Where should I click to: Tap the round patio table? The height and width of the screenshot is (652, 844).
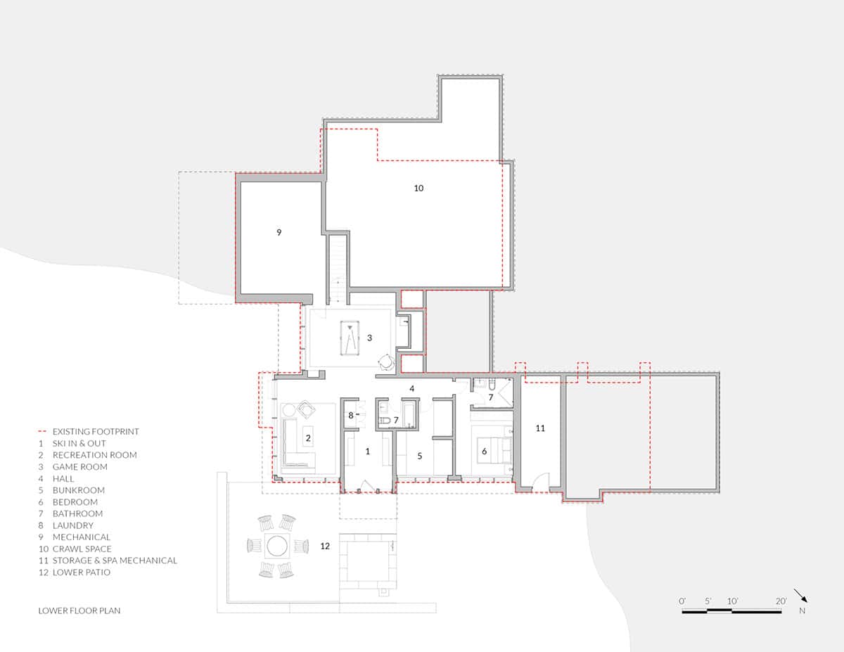tap(276, 545)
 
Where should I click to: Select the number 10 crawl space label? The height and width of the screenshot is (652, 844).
tap(418, 188)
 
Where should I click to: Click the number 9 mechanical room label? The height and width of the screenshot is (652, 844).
tap(279, 232)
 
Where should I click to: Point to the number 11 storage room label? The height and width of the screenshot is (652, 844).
tap(540, 428)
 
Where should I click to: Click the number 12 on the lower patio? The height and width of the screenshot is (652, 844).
tap(325, 545)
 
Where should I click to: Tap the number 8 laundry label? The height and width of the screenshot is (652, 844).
tap(350, 416)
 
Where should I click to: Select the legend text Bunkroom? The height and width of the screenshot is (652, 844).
tap(79, 490)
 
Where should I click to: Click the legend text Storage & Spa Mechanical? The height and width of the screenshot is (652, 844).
tap(115, 561)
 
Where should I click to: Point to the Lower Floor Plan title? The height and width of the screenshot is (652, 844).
tap(79, 611)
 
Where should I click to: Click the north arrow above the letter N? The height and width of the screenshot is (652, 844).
tap(800, 596)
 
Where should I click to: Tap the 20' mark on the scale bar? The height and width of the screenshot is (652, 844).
tap(781, 601)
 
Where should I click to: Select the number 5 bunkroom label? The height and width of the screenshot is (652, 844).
tap(419, 456)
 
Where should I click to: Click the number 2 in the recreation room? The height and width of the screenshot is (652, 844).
tap(308, 437)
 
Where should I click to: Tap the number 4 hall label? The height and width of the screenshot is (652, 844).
tap(412, 388)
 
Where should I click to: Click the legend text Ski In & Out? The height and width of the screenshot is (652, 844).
tap(79, 443)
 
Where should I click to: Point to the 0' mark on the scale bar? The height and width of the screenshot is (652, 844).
tap(682, 601)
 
